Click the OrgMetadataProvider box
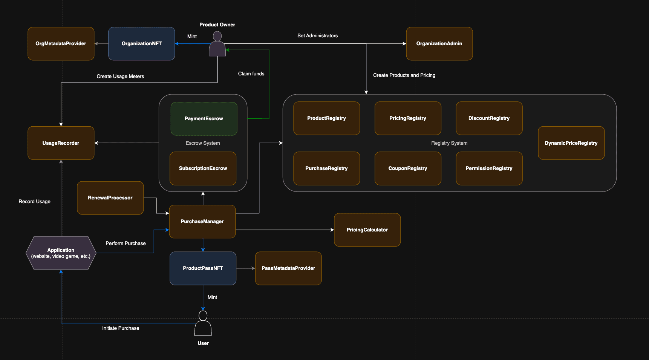click(61, 44)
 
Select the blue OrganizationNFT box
click(141, 44)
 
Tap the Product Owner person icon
click(217, 44)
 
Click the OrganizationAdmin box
click(439, 44)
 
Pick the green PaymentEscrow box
click(204, 118)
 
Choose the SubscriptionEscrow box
click(203, 169)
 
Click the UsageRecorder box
click(61, 143)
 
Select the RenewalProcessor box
click(110, 198)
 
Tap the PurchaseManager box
click(202, 222)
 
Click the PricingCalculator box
click(367, 230)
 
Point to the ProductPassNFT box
click(203, 268)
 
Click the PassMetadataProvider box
click(288, 268)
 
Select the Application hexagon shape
click(61, 253)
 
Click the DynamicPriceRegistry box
click(571, 143)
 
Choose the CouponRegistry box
click(408, 169)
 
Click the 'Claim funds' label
click(251, 74)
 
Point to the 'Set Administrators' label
click(317, 36)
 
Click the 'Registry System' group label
click(449, 143)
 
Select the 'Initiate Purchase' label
click(121, 328)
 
